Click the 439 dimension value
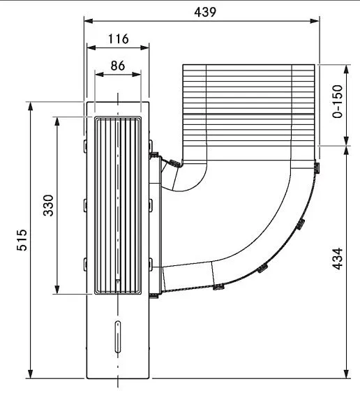(x=204, y=12)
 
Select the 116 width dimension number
(x=118, y=39)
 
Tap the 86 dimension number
(x=117, y=66)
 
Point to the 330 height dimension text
(x=48, y=205)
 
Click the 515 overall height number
(x=22, y=240)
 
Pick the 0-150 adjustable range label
(x=337, y=101)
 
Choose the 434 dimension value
(x=337, y=259)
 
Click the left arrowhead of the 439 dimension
(x=89, y=21)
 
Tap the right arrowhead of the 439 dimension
(x=315, y=21)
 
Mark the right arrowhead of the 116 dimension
(x=144, y=47)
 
